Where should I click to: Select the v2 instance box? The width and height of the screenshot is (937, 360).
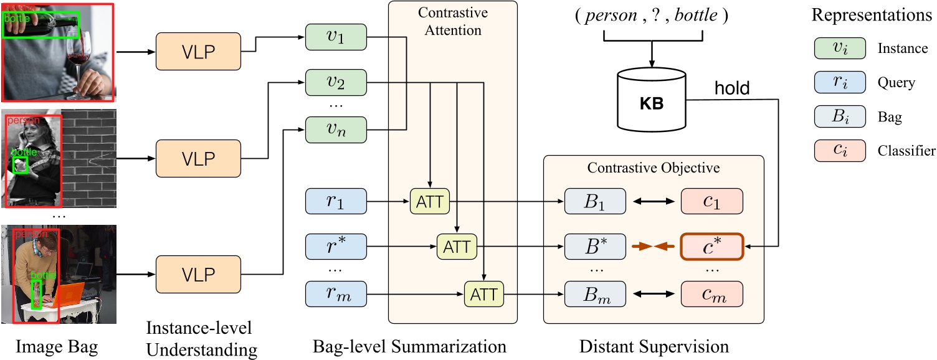336,82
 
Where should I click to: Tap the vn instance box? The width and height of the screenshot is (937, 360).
336,129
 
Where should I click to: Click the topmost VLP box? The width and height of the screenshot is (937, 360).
197,51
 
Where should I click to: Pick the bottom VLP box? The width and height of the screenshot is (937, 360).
197,274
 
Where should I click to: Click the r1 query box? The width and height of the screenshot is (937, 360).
335,202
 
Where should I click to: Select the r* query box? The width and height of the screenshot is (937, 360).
335,247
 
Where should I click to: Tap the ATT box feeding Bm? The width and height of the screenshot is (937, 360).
484,293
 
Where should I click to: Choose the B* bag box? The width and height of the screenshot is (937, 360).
594,247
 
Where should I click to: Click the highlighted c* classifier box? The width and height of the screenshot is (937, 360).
711,247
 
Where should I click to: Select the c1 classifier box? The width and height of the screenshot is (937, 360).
711,202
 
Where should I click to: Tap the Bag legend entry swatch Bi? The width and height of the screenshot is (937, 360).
839,116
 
